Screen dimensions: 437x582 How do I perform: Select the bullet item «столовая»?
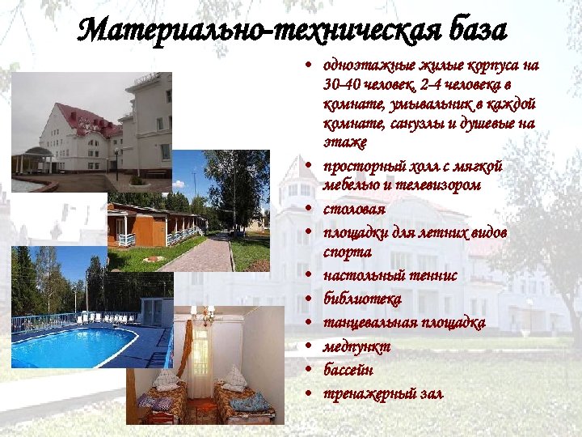349,210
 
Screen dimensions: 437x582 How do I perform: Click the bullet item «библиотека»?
361,299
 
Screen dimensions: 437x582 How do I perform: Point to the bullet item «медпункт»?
356,346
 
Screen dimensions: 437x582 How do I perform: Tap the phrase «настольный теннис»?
390,276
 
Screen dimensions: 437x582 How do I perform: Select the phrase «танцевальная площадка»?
403,323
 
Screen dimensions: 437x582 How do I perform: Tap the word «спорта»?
347,252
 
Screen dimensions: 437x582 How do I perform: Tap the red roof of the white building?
76,112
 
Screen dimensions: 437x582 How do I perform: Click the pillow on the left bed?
167,380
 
